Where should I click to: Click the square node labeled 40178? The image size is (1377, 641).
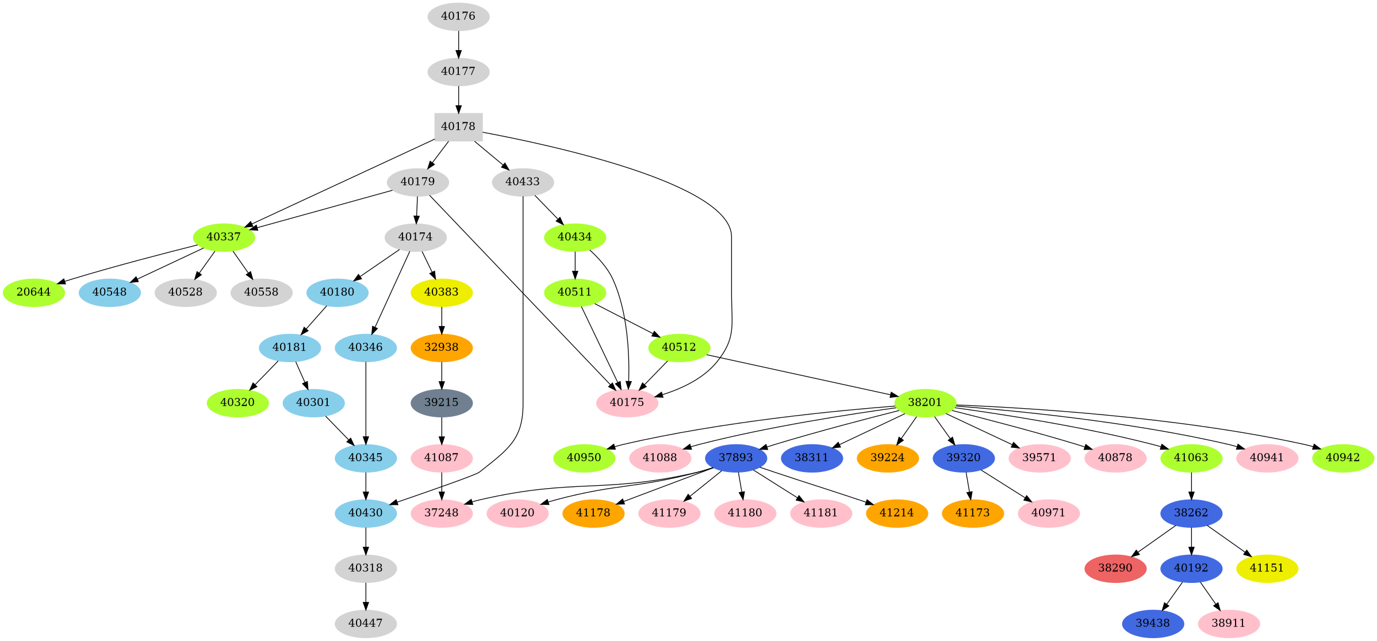[x=458, y=126]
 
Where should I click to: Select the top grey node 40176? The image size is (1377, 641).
[x=458, y=16]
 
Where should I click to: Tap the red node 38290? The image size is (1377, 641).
[x=1115, y=568]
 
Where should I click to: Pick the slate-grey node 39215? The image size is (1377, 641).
[x=441, y=402]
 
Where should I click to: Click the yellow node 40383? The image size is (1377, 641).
[x=441, y=292]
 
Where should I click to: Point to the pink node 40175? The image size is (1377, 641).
[x=627, y=402]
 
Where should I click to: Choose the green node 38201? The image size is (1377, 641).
[x=925, y=402]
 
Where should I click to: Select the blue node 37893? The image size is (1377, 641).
[x=735, y=458]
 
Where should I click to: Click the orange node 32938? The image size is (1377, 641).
[x=441, y=347]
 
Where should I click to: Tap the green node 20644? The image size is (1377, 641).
[x=33, y=292]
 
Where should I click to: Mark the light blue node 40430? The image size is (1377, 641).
[x=366, y=513]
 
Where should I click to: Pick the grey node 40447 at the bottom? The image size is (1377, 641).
[x=366, y=623]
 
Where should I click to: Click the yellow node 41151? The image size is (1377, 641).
[x=1267, y=568]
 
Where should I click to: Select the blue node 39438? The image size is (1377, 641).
[x=1153, y=623]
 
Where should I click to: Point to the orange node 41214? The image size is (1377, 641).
[x=896, y=513]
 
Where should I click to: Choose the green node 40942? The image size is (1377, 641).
[x=1343, y=458]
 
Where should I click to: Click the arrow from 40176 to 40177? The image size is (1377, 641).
[x=458, y=44]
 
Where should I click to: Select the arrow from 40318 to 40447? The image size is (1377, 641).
[x=366, y=596]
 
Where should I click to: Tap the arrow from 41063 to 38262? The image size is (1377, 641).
[x=1191, y=485]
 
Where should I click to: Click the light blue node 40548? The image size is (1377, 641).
[x=109, y=292]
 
